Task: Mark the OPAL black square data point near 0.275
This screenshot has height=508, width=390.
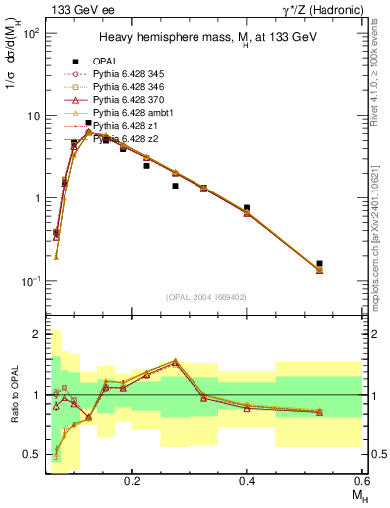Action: pos(176,186)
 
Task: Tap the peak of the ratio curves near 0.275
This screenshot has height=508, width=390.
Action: pos(176,361)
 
